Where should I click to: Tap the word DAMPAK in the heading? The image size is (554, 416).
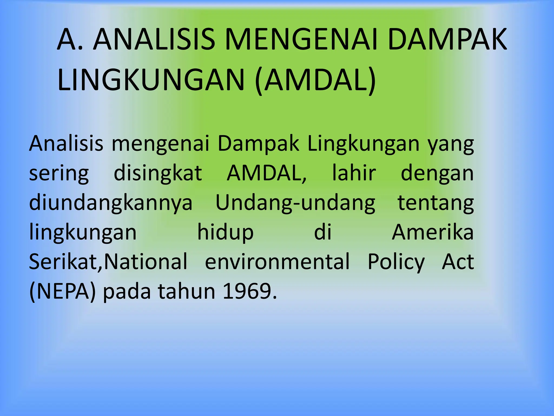coord(447,40)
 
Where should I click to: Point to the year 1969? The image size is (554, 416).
coord(250,291)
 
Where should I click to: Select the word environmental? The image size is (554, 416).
coord(277,262)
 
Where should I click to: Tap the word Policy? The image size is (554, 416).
coord(396,262)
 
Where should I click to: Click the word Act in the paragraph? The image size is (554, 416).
coord(458,262)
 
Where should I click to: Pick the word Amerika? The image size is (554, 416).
coord(433,232)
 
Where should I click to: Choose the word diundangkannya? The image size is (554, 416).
coord(111,203)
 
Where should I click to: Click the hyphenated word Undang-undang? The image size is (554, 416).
coord(295,203)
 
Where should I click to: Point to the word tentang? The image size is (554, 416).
coord(436,203)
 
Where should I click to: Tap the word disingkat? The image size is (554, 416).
coord(158,173)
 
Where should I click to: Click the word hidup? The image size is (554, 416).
coord(225,233)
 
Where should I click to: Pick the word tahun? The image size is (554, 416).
coord(186,291)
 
